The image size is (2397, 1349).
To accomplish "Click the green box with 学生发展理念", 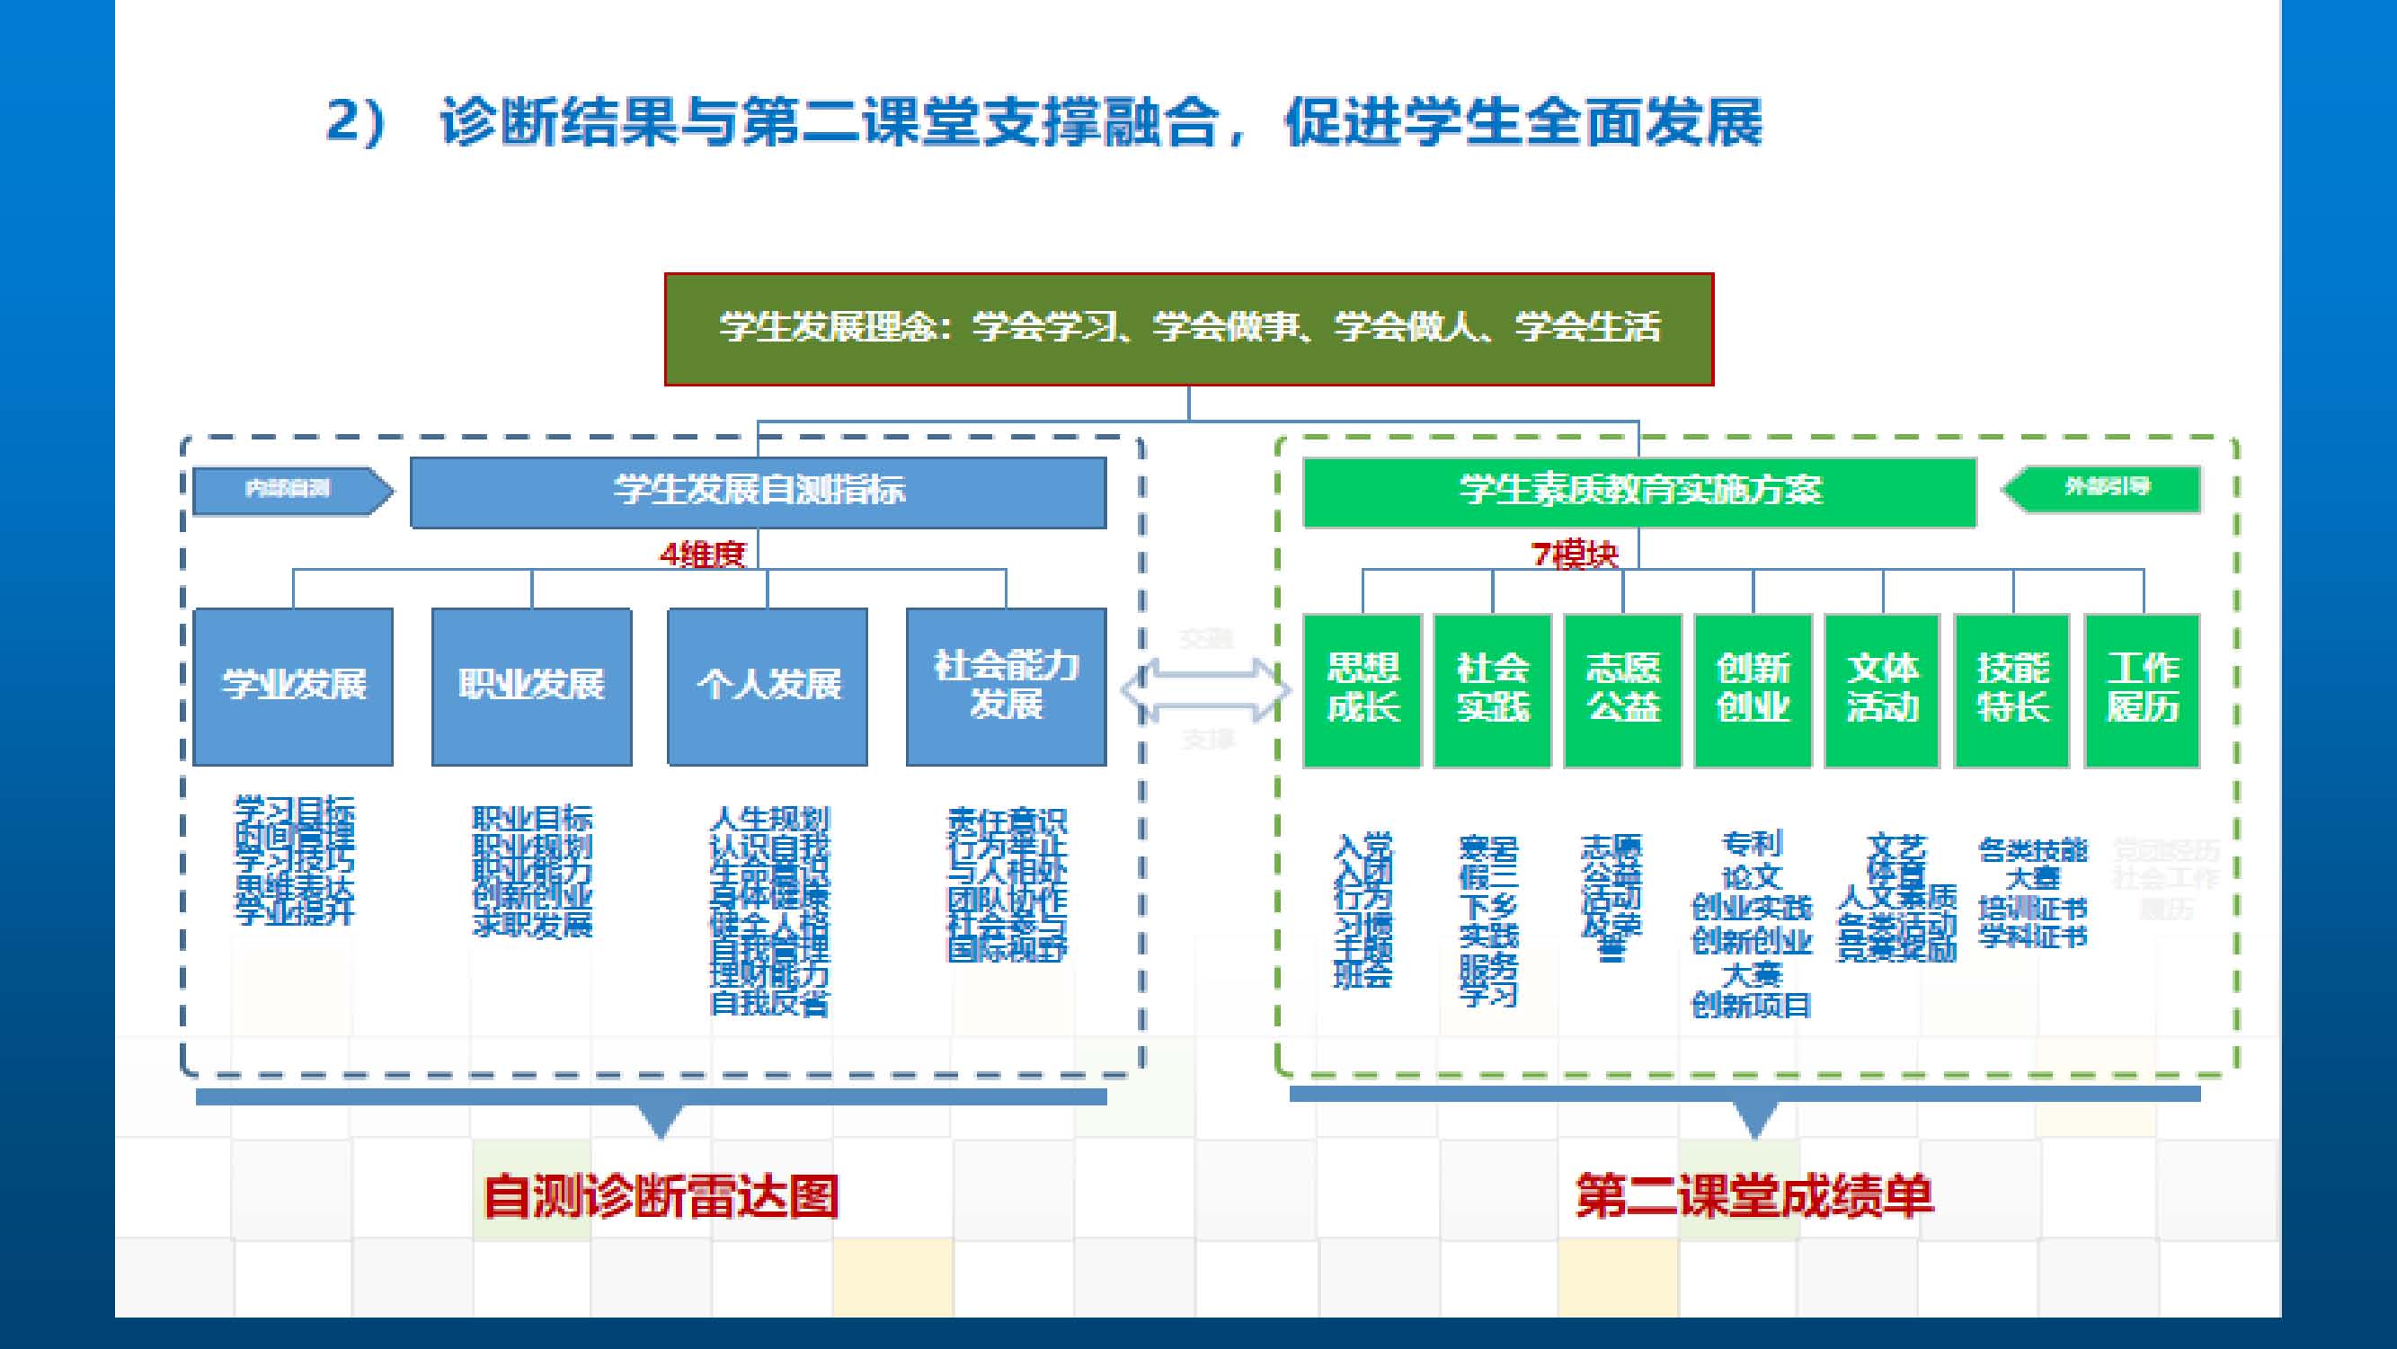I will (x=1188, y=328).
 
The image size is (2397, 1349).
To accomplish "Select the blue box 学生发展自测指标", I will (x=758, y=492).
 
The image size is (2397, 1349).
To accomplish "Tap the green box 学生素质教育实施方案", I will (x=1638, y=492).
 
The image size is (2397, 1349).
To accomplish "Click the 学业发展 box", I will (x=293, y=687).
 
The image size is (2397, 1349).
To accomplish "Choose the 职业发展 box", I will (x=531, y=687).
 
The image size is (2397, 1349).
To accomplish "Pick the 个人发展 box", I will (x=768, y=687).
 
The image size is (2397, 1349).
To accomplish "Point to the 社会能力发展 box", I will (x=1006, y=687).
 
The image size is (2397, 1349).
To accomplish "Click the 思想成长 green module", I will (x=1363, y=689).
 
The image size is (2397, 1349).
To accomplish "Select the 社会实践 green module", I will (x=1493, y=689).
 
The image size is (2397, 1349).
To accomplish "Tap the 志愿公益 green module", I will (x=1623, y=689).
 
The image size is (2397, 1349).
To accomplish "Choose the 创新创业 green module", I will (x=1753, y=689).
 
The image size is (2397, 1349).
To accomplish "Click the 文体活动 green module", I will (x=1882, y=689).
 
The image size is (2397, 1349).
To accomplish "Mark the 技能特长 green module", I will (x=2012, y=689).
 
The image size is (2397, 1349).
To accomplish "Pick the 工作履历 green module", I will (x=2142, y=689).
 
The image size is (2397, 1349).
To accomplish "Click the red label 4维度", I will (x=703, y=555).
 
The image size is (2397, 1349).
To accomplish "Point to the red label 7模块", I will (x=1575, y=555).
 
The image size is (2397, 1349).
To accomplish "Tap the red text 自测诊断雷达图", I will (x=661, y=1196).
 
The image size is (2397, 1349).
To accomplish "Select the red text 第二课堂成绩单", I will (x=1754, y=1196).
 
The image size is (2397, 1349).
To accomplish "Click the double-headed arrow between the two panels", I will (x=1207, y=690).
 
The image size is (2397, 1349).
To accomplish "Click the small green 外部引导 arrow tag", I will (x=2101, y=487).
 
